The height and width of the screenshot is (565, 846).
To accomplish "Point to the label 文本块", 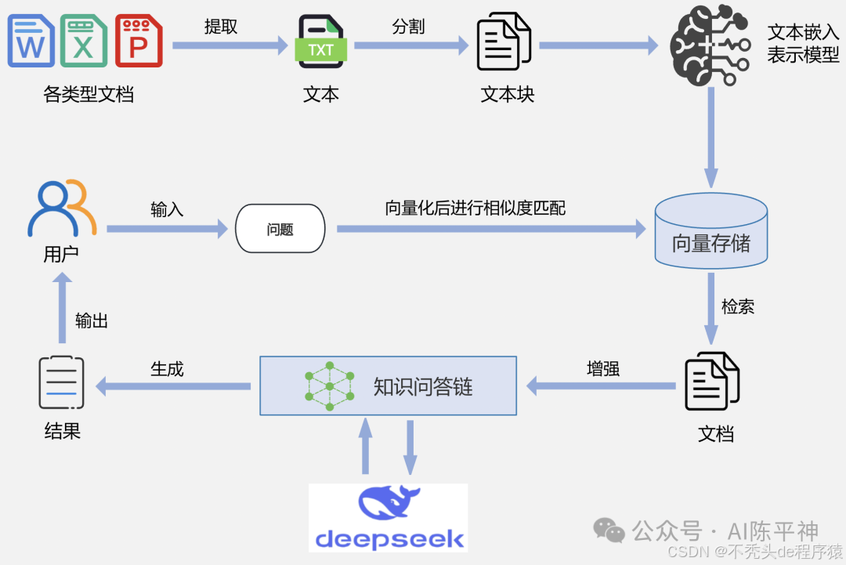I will point(507,95).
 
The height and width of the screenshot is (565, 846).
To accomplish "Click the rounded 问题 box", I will point(280,229).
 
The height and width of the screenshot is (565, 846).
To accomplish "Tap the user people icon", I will point(61,209).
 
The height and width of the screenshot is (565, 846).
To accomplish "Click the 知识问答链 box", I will point(389,386).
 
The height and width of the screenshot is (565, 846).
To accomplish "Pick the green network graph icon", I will point(329,386).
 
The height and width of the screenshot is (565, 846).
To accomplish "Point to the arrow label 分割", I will point(408,26).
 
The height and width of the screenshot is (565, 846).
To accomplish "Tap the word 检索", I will point(738,306).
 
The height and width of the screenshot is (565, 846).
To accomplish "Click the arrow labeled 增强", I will point(601,386).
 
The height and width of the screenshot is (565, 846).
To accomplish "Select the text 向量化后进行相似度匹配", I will point(475,208).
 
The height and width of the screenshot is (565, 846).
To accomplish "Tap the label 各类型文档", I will point(89,95).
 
